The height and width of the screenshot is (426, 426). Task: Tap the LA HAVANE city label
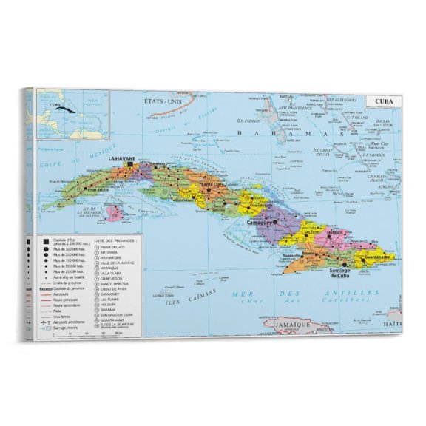pyautogui.click(x=121, y=158)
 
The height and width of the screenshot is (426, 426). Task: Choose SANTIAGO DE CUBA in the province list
pyautogui.click(x=121, y=314)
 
